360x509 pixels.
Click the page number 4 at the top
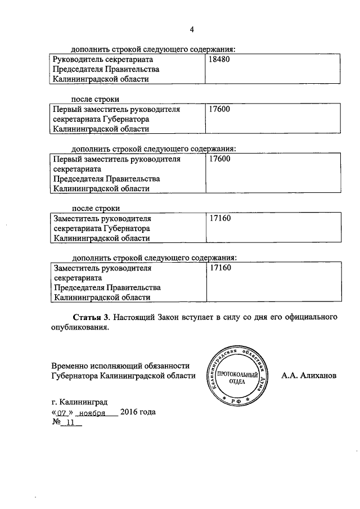(x=191, y=30)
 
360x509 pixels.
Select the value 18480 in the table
(x=219, y=59)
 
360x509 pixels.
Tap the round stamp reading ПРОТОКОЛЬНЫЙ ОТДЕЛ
(x=236, y=375)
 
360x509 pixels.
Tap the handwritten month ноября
(x=92, y=412)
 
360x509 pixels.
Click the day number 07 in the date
(x=62, y=412)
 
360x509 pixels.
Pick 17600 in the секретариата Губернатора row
(x=219, y=110)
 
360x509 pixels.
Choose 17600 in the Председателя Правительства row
(x=219, y=159)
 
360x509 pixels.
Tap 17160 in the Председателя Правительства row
(x=220, y=268)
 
